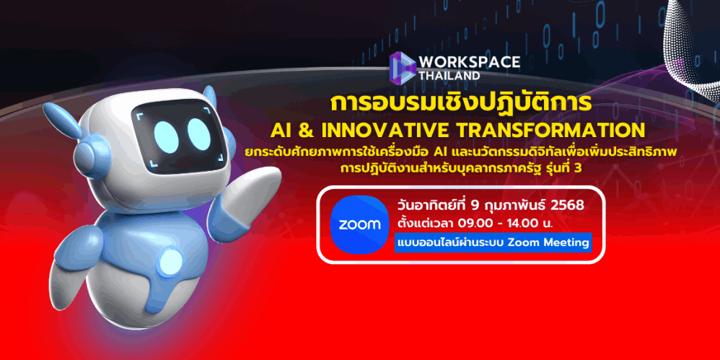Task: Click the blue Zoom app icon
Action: pos(359,224)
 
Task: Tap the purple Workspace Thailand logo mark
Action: pos(403,68)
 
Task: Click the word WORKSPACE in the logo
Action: pos(469,62)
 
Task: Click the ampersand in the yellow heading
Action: pos(305,131)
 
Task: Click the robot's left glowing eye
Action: pos(166,136)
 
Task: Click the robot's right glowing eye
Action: pos(199,134)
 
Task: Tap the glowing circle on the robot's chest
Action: pos(171,263)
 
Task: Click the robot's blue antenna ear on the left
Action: pos(61,119)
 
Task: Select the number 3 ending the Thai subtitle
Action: pos(578,169)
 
